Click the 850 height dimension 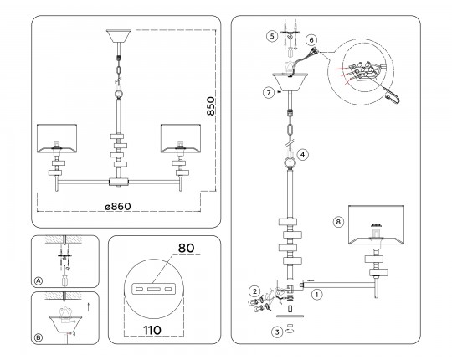[211, 106]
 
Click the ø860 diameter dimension [118, 207]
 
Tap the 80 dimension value [186, 248]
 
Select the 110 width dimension [152, 331]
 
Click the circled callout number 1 [316, 295]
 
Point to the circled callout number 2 [254, 291]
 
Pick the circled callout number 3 [277, 332]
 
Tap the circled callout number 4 [302, 155]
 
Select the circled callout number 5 [272, 36]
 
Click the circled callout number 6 [311, 40]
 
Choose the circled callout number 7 [269, 93]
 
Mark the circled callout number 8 [338, 222]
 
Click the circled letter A [38, 280]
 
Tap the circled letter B [38, 337]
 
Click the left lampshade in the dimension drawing [57, 138]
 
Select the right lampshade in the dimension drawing [181, 138]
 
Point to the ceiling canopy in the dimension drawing [119, 36]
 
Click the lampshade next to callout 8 [376, 225]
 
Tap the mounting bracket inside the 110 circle [152, 289]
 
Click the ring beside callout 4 [290, 162]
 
